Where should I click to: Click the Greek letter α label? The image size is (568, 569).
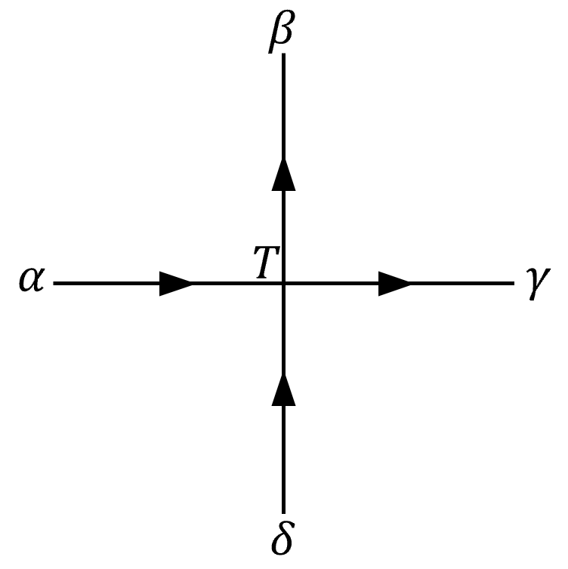point(31,284)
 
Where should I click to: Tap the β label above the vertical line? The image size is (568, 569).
point(280,35)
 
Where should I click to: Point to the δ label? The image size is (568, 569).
point(282,537)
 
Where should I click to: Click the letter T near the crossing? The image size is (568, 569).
point(264,265)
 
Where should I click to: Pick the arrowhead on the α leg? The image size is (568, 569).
point(177,284)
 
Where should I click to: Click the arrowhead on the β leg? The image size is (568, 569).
point(283,175)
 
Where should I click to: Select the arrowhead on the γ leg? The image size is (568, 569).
point(394,284)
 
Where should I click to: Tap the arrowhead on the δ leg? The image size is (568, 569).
point(283,390)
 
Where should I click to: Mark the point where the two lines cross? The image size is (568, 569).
point(283,284)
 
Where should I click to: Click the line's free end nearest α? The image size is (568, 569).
point(55,284)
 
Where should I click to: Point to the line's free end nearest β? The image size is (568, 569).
point(283,57)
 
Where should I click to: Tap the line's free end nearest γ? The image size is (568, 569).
point(512,284)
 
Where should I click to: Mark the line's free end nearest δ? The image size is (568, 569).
point(283,512)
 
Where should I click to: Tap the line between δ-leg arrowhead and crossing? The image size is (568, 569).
point(283,332)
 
